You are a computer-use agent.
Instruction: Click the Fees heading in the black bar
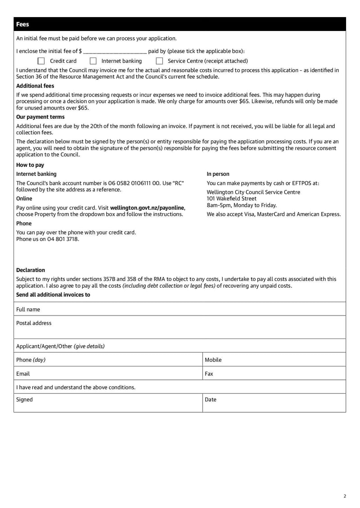click(x=22, y=24)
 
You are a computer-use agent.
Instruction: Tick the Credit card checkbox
click(x=41, y=61)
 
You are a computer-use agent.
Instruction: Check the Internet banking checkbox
click(x=93, y=61)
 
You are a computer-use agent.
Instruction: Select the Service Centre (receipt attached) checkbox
click(x=159, y=61)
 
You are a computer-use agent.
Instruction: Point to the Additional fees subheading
click(x=35, y=86)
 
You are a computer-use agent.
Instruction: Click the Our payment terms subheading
click(x=40, y=117)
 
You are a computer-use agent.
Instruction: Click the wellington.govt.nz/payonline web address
click(x=147, y=208)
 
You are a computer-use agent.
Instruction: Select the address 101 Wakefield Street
click(x=231, y=198)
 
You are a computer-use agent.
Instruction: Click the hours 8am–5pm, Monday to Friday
click(x=242, y=205)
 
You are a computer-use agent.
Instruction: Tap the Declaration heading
click(x=31, y=270)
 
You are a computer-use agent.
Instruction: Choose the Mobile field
click(x=274, y=360)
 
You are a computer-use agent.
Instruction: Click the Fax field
click(x=274, y=374)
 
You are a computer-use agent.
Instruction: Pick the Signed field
click(x=108, y=403)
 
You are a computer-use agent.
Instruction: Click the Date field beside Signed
click(x=274, y=403)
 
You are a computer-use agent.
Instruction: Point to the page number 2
click(x=345, y=496)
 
